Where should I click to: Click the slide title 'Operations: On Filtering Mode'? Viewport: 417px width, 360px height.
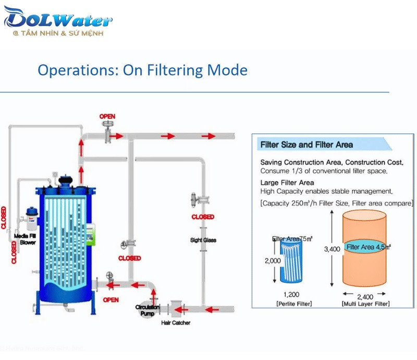pos(142,70)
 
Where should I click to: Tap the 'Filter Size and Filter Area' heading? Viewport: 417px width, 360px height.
pos(306,145)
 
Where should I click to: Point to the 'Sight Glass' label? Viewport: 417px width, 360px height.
pos(203,241)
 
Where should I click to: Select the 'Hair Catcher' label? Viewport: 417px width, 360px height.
pos(175,323)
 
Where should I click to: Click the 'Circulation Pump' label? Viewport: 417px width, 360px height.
pos(148,310)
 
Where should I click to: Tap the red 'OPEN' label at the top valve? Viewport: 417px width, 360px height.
pos(107,116)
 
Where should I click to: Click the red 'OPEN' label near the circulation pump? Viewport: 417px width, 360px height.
pos(111,300)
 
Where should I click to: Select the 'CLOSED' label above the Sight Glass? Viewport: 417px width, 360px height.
pos(202,217)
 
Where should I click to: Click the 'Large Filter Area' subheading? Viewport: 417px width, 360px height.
pos(287,183)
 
